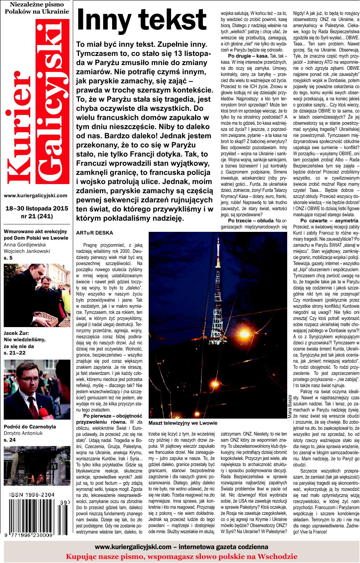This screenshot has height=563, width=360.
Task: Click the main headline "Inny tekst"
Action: point(142,20)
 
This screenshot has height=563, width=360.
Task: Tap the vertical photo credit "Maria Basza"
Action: point(290,409)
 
